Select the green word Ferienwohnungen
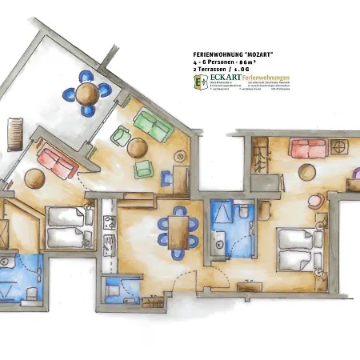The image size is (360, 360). (266, 78)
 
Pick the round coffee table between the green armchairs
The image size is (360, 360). (138, 147)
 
